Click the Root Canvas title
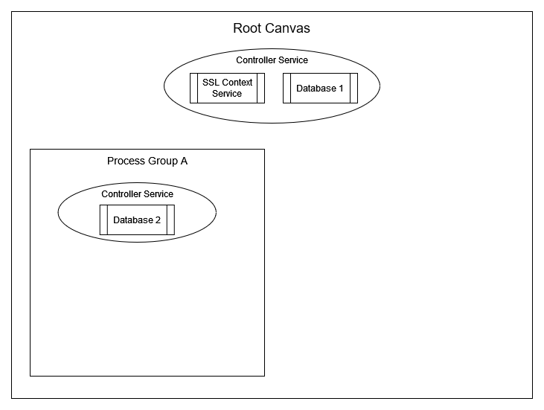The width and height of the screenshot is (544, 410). pos(272,29)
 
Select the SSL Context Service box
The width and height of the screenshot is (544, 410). pos(227,88)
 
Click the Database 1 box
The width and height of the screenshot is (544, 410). pos(320,88)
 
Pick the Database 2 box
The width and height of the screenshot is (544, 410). pos(137,220)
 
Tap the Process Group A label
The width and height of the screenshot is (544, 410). pos(147,161)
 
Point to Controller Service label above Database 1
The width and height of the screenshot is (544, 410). pos(272,60)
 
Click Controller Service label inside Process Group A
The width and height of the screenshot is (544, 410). pos(137,194)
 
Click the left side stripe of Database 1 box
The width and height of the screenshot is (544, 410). pos(287,88)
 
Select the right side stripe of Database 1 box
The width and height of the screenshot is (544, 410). pos(353,88)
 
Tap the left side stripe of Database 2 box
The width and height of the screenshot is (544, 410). pos(103,220)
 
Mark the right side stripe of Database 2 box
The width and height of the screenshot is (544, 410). pos(170,220)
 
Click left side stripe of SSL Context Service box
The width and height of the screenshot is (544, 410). pos(193,88)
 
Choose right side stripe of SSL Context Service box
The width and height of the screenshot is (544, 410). pos(260,88)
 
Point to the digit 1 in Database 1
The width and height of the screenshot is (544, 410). pos(341,89)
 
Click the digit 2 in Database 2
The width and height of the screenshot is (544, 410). pos(158,220)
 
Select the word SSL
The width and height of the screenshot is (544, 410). pos(211,83)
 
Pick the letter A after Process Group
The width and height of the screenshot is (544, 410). pos(184,161)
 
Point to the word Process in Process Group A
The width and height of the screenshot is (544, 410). pos(124,161)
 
